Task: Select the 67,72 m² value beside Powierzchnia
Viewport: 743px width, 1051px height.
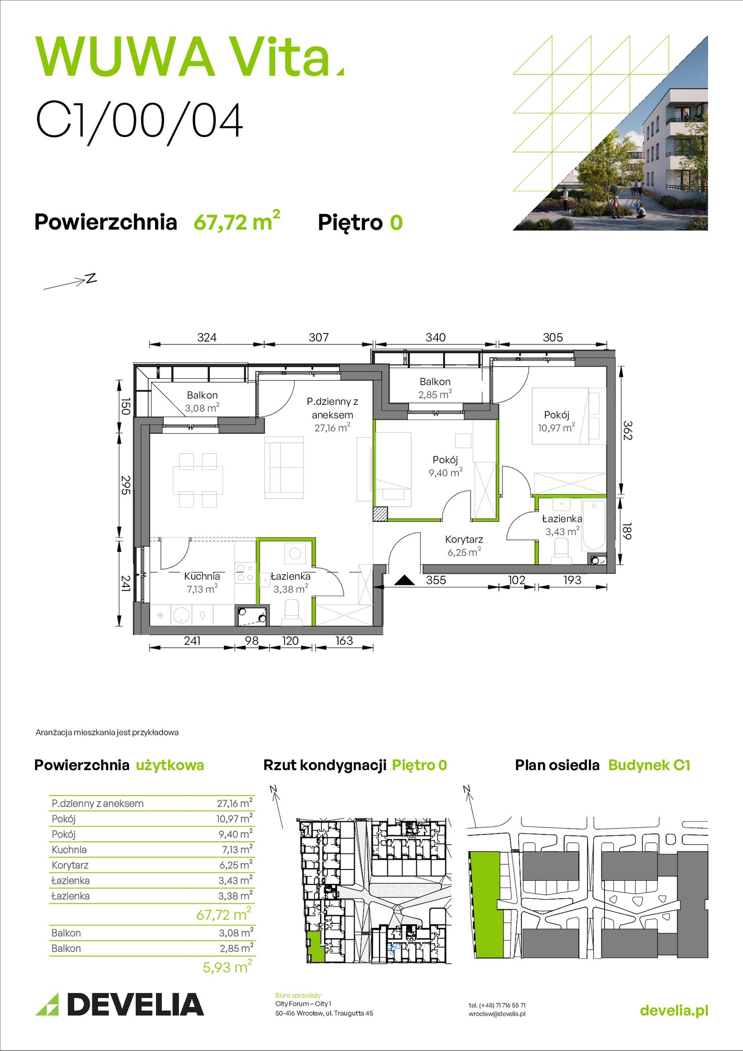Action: point(237,221)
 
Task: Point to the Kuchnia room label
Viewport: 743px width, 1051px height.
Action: point(202,576)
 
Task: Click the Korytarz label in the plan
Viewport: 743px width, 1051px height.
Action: point(464,539)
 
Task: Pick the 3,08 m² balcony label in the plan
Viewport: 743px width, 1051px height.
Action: point(202,409)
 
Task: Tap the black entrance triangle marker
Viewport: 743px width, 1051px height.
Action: point(404,580)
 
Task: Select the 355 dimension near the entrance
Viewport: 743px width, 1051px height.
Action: point(436,580)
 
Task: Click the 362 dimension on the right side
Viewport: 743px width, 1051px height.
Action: point(627,430)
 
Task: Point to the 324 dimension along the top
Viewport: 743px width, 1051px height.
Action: point(207,337)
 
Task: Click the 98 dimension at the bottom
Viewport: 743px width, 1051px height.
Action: point(251,641)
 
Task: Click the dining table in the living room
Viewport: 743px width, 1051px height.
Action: point(198,480)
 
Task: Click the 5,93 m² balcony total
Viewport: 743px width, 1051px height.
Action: point(227,967)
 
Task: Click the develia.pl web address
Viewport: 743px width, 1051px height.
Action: point(674,1011)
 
